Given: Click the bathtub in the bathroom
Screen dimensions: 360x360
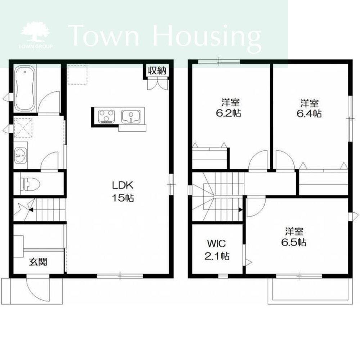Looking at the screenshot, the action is pyautogui.click(x=25, y=89).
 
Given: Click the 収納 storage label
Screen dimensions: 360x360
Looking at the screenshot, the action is pyautogui.click(x=157, y=71).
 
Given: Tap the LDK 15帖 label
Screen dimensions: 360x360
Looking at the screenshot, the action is pyautogui.click(x=123, y=191).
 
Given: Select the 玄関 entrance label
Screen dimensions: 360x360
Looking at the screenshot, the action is pyautogui.click(x=38, y=262).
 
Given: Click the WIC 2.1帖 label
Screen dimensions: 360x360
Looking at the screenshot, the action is pyautogui.click(x=217, y=250).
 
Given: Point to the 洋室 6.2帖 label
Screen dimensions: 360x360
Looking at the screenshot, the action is pyautogui.click(x=229, y=107).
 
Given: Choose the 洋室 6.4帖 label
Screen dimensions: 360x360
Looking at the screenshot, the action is pyautogui.click(x=309, y=108).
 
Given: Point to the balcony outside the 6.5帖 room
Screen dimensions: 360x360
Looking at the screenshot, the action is pyautogui.click(x=310, y=291).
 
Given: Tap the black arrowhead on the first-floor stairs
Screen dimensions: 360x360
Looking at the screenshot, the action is pyautogui.click(x=31, y=210).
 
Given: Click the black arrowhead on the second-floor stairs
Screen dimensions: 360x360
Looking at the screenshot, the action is pyautogui.click(x=240, y=210).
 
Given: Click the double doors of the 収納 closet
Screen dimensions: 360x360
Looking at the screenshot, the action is pyautogui.click(x=158, y=84).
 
